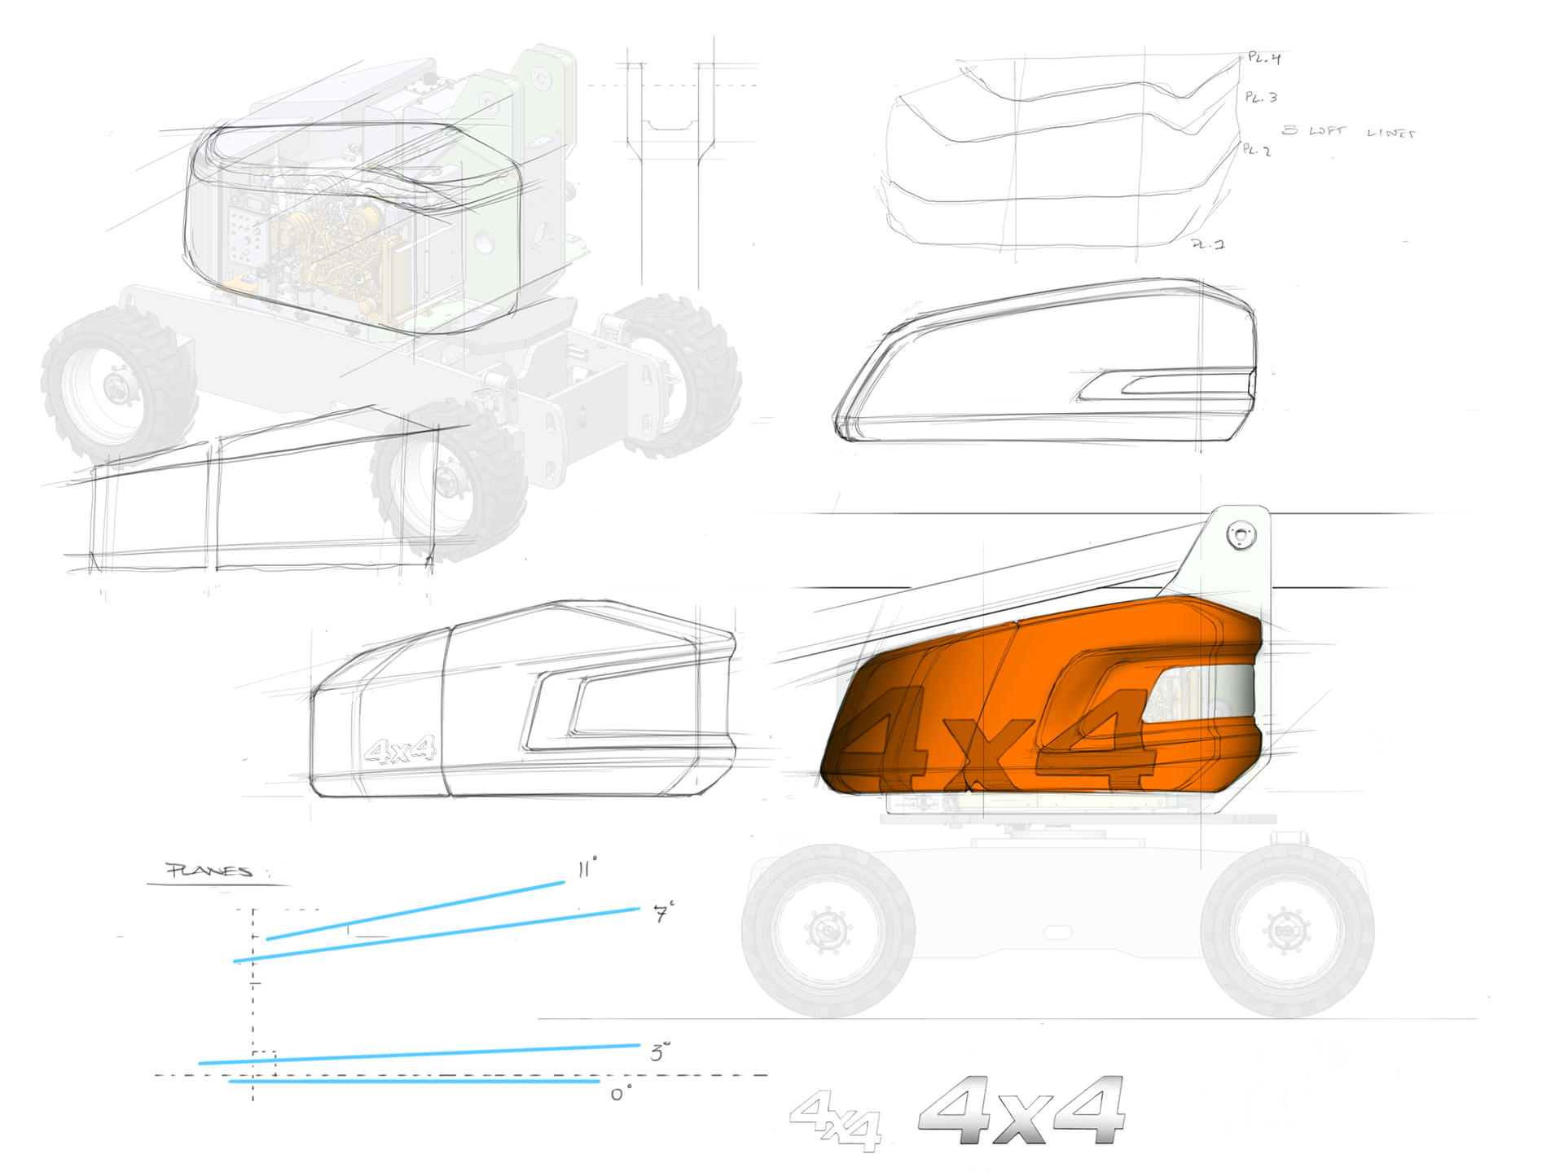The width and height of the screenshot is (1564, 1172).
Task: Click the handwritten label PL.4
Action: (x=1264, y=58)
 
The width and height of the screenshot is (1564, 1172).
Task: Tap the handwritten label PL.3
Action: (x=1261, y=97)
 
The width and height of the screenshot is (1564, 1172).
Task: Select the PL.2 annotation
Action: (x=1257, y=150)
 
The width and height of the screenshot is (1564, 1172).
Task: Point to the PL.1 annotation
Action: (x=1208, y=244)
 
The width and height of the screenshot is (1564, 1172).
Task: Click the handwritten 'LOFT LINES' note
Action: (x=1349, y=131)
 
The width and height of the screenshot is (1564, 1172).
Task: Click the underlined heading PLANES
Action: (x=209, y=871)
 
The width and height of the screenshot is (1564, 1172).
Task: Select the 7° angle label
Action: (x=664, y=913)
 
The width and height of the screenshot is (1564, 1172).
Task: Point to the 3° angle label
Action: (x=660, y=1052)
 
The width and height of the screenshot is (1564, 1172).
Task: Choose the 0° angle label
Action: (x=621, y=1095)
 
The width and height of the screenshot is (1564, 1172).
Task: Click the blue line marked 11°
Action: (x=415, y=911)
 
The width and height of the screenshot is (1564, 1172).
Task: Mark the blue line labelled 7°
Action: (x=437, y=935)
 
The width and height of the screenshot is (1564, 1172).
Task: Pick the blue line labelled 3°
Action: (x=420, y=1054)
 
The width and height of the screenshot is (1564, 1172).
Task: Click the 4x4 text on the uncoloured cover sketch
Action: (x=400, y=750)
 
